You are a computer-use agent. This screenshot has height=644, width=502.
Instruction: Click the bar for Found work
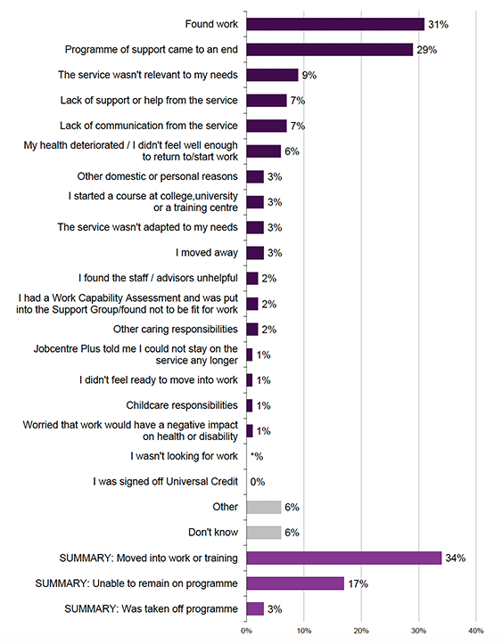pyautogui.click(x=335, y=24)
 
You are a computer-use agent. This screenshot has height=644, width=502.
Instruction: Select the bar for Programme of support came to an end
pyautogui.click(x=329, y=50)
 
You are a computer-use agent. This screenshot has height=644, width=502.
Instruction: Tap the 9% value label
pyautogui.click(x=310, y=76)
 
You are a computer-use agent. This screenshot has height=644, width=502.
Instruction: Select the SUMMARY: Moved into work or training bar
pyautogui.click(x=343, y=558)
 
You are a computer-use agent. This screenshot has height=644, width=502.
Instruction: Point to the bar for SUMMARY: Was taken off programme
pyautogui.click(x=255, y=609)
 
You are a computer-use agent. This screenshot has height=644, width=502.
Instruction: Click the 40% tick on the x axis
pyautogui.click(x=475, y=632)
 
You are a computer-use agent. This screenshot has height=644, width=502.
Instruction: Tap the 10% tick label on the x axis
pyautogui.click(x=303, y=632)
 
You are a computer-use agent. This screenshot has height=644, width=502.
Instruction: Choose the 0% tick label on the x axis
pyautogui.click(x=246, y=632)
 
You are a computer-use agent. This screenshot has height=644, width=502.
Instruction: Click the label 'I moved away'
pyautogui.click(x=207, y=253)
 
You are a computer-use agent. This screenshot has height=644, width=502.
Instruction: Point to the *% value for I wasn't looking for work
pyautogui.click(x=257, y=456)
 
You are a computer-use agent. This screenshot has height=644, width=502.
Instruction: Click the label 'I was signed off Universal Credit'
pyautogui.click(x=166, y=482)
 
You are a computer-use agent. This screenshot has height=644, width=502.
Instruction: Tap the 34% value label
pyautogui.click(x=456, y=558)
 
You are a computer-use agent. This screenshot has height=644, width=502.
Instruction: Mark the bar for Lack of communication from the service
pyautogui.click(x=266, y=126)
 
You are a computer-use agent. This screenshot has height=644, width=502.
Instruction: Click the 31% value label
pyautogui.click(x=437, y=25)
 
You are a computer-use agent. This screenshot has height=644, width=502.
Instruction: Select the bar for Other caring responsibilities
pyautogui.click(x=251, y=329)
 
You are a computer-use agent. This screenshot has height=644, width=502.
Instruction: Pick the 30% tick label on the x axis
pyautogui.click(x=418, y=632)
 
